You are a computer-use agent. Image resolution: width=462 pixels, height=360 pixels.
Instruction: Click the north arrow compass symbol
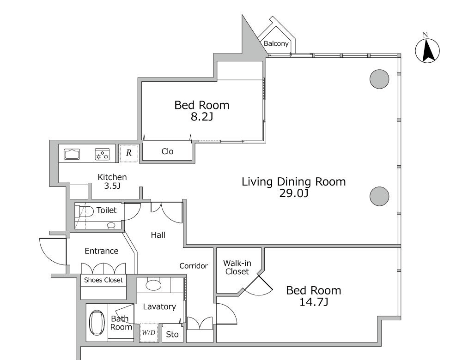click(427, 50)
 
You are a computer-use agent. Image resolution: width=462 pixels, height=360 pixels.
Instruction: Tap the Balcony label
click(276, 43)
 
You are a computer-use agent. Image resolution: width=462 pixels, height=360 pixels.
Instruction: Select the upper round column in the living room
click(379, 79)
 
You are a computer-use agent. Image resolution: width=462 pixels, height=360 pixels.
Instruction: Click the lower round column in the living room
click(379, 196)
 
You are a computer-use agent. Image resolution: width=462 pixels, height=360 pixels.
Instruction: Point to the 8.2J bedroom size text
click(202, 117)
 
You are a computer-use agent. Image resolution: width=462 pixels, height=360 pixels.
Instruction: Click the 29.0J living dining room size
click(294, 193)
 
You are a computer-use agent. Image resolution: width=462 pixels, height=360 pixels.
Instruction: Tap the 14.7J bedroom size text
click(314, 302)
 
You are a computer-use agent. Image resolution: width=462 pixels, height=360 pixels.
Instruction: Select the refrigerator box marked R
click(128, 153)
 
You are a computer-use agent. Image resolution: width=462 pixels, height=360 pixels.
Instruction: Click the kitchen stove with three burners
click(102, 154)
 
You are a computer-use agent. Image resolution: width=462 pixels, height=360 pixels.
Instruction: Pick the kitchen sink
click(72, 154)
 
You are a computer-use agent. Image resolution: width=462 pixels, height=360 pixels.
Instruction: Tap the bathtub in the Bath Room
click(97, 323)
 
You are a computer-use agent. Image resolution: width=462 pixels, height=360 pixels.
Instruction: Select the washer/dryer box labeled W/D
click(148, 333)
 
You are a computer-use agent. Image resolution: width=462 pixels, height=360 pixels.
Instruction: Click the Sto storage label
click(172, 335)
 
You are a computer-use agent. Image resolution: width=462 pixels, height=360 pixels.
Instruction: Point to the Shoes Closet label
click(103, 280)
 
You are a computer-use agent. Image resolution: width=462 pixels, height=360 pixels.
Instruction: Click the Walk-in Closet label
click(237, 267)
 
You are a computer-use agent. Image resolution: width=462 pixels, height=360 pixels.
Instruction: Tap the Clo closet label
click(167, 151)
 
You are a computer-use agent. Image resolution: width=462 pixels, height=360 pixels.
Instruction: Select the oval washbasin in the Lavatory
click(153, 285)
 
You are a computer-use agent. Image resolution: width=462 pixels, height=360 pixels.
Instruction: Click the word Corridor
click(194, 266)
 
